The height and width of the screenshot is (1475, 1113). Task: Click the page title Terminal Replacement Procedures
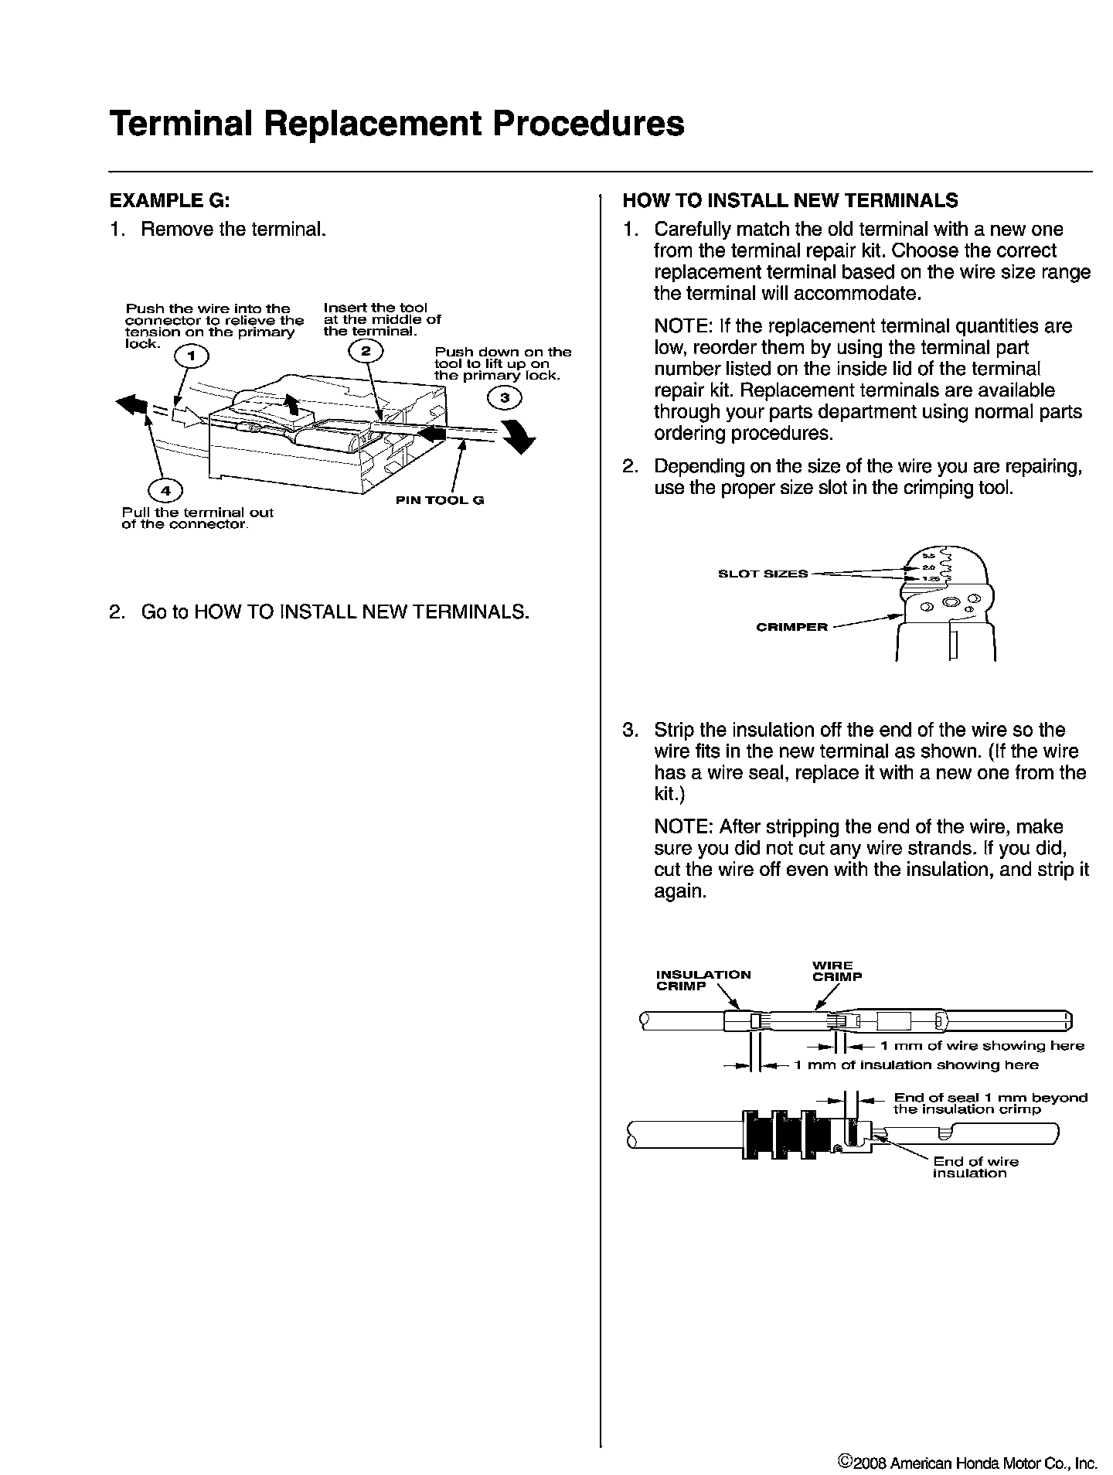(397, 124)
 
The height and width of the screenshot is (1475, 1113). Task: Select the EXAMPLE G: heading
(169, 200)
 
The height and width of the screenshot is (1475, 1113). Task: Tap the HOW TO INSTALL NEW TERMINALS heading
(790, 201)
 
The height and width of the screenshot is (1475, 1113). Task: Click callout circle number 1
(190, 356)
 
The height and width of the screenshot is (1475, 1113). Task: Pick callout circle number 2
(366, 352)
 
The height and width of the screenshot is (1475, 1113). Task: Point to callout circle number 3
(505, 398)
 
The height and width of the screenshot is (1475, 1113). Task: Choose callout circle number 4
(165, 490)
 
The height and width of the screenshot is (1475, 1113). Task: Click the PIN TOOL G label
(440, 500)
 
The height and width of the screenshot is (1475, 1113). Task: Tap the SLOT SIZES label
(763, 574)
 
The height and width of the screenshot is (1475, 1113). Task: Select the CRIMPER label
(791, 627)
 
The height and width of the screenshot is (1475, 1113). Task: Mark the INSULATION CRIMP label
(703, 979)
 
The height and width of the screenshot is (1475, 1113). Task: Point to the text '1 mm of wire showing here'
(982, 1046)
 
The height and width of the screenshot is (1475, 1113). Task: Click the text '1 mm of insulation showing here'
(916, 1065)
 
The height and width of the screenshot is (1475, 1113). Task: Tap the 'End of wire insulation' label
(975, 1167)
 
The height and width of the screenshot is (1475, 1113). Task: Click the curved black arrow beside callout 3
(518, 438)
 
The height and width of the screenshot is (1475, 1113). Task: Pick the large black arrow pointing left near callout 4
(132, 405)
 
